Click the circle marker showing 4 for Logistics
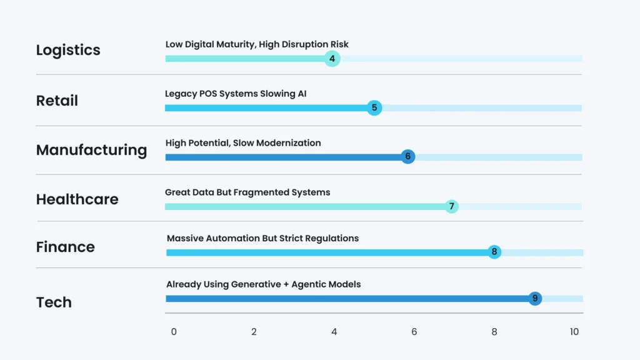332,59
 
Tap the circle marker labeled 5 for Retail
374,107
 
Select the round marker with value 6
407,157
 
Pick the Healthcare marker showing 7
451,206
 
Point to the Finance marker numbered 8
494,252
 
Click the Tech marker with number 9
534,299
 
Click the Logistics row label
68,51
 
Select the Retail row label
57,101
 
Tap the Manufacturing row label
91,151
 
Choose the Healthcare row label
77,199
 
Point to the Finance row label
66,247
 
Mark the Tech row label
54,302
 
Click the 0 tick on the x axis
174,332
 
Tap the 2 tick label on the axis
254,332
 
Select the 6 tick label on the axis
414,332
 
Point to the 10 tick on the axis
574,332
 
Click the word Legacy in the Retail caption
180,94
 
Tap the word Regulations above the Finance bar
332,238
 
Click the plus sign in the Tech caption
286,284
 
